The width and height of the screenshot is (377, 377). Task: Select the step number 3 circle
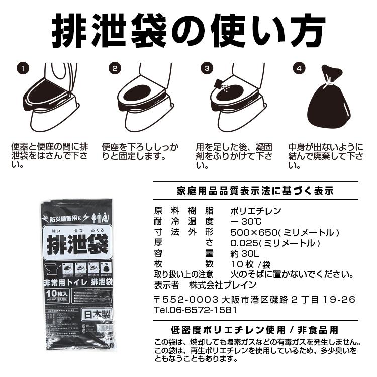click(x=207, y=67)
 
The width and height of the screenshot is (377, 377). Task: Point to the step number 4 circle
click(x=299, y=67)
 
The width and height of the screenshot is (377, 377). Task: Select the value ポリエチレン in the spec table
click(x=255, y=211)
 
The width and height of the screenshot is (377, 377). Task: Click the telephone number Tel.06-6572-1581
click(x=196, y=310)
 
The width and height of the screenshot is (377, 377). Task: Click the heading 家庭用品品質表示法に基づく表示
click(x=255, y=191)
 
